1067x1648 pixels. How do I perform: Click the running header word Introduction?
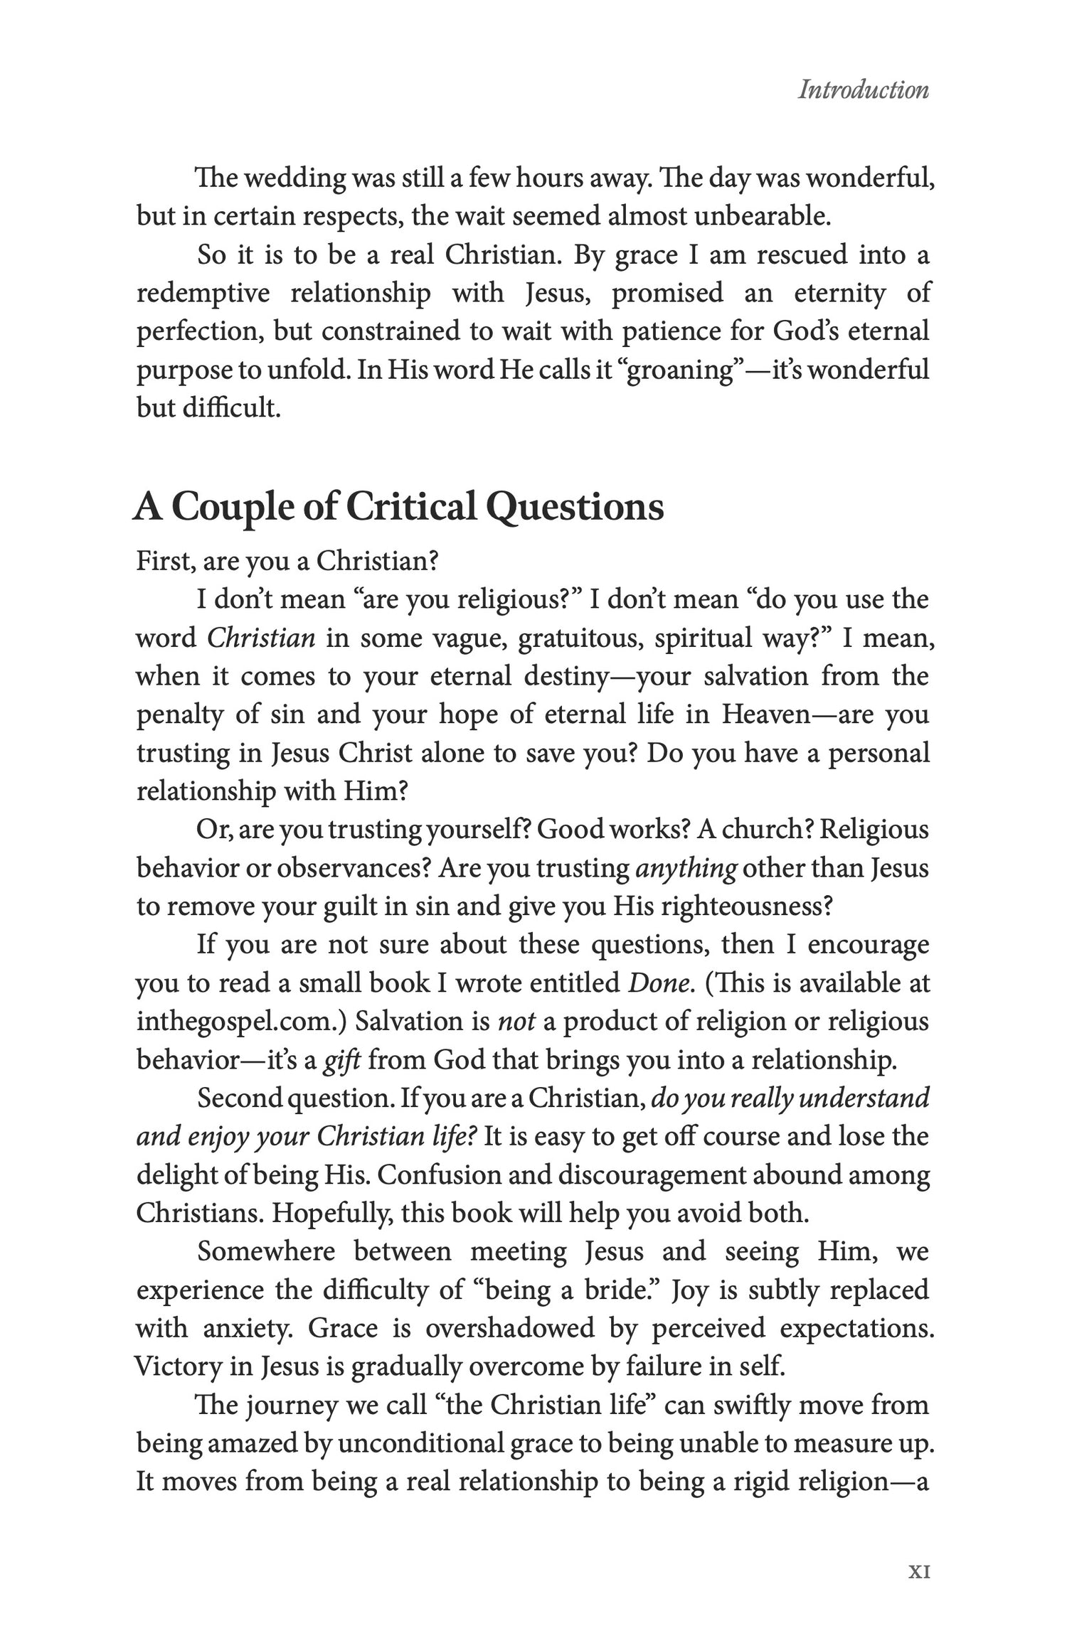tap(863, 90)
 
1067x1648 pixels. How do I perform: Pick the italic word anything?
tap(685, 868)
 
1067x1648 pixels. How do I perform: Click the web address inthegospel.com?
tap(238, 1022)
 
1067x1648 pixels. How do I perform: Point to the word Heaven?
tap(766, 715)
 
